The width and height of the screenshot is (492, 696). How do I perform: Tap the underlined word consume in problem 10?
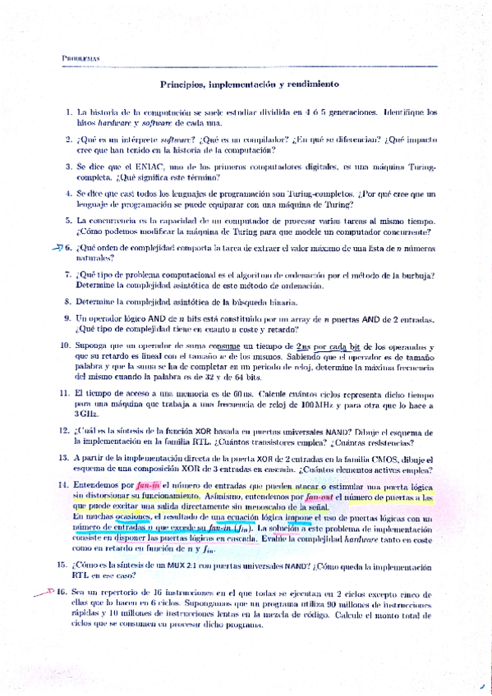point(233,347)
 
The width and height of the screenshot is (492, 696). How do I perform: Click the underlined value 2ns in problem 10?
point(304,347)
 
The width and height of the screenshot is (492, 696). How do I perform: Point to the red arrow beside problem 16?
point(54,591)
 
